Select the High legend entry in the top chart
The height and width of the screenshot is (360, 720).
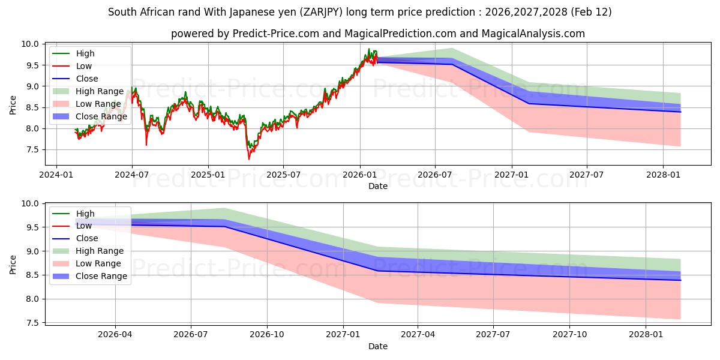click(85, 53)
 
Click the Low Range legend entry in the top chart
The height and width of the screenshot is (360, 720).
click(98, 104)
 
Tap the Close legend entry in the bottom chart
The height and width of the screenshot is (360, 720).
click(87, 238)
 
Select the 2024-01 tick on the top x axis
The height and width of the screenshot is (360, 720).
click(56, 175)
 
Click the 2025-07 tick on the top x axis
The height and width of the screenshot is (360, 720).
click(283, 175)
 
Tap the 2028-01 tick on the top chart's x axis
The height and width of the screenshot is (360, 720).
click(663, 175)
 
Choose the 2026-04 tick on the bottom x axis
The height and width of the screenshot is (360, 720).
click(115, 334)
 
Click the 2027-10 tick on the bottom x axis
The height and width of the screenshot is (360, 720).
click(570, 334)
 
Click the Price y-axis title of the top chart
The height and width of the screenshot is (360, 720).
click(13, 105)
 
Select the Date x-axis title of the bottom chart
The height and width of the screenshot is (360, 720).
click(378, 346)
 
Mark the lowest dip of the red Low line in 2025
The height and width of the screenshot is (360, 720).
click(249, 159)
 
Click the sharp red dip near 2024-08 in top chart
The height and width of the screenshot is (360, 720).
click(146, 145)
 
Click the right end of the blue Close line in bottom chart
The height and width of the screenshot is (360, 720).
click(680, 280)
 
